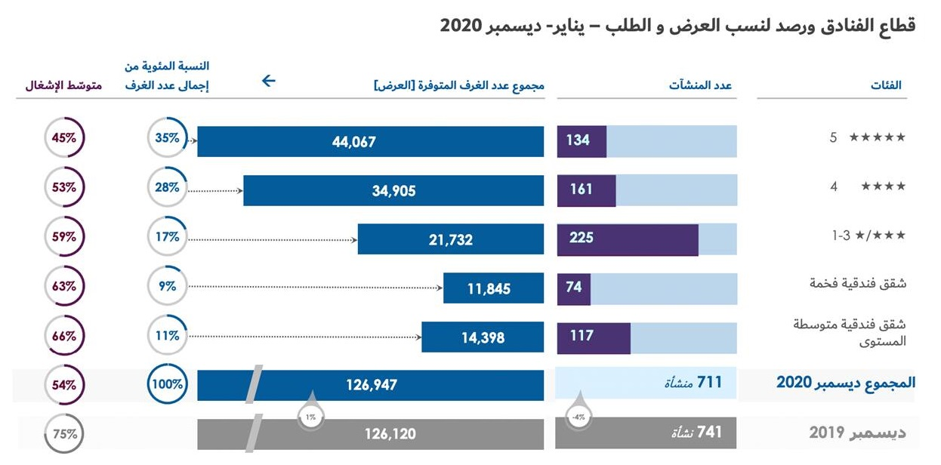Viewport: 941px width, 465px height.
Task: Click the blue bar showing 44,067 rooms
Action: click(x=370, y=141)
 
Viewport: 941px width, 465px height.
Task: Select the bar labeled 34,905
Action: click(x=393, y=190)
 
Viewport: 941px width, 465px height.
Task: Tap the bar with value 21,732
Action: click(x=450, y=239)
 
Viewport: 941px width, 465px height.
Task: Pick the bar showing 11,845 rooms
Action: click(x=493, y=288)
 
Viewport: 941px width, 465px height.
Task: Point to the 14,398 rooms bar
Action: click(x=482, y=337)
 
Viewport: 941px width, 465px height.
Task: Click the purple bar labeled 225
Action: click(x=627, y=239)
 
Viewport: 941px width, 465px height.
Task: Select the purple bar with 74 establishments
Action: click(x=573, y=288)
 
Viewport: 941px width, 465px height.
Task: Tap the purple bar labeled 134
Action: click(x=582, y=141)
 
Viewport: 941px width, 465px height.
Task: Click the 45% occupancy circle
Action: click(x=64, y=138)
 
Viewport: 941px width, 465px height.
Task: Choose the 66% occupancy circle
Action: click(x=64, y=336)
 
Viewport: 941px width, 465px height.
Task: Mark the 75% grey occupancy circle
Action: click(x=64, y=435)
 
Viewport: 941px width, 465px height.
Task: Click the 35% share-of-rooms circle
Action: click(x=167, y=138)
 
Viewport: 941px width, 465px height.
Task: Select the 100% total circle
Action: click(x=167, y=384)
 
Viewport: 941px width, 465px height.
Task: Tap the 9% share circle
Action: click(x=167, y=286)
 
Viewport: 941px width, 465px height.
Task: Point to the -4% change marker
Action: click(x=578, y=416)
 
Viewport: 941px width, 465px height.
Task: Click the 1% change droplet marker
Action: click(x=310, y=416)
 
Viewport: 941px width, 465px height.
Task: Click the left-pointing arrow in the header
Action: click(x=268, y=81)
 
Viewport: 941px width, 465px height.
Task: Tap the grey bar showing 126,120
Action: click(x=370, y=434)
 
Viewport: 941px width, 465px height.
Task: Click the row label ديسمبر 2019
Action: click(x=857, y=433)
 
